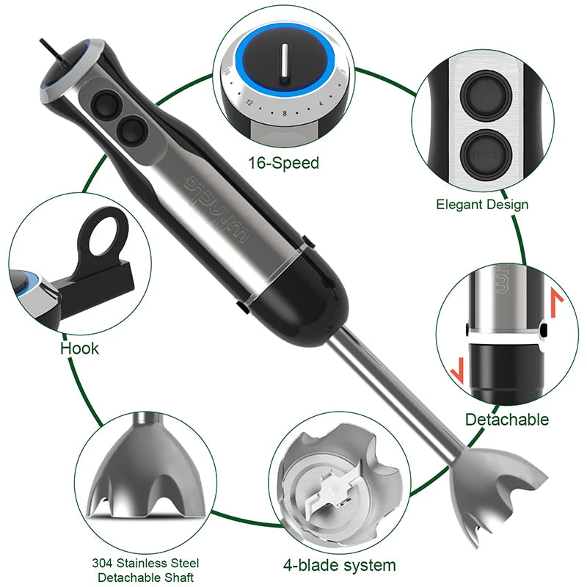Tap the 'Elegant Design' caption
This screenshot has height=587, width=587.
pos(482,204)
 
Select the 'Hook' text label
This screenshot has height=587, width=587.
pos(79,347)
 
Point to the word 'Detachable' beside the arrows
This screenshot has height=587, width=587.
pos(506,420)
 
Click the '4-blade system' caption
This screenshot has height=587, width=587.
pos(339,565)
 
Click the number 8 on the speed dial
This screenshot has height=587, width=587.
pos(282,113)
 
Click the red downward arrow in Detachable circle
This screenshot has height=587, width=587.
pos(457,367)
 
